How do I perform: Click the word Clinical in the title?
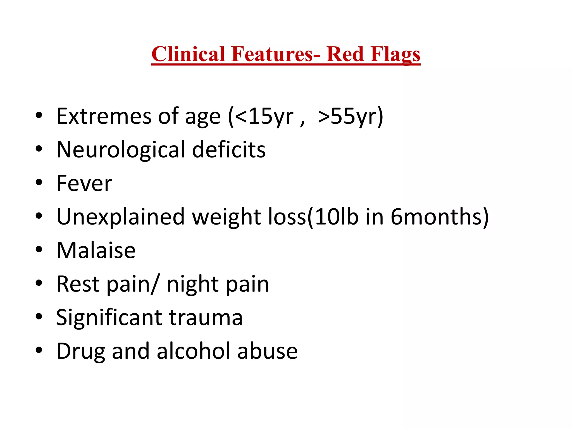pyautogui.click(x=188, y=54)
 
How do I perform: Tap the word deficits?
pyautogui.click(x=229, y=150)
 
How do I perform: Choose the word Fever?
pyautogui.click(x=84, y=183)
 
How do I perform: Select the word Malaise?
pyautogui.click(x=96, y=251)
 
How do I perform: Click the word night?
pyautogui.click(x=193, y=284)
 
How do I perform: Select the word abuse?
pyautogui.click(x=267, y=351)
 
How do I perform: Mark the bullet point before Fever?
pyautogui.click(x=39, y=183)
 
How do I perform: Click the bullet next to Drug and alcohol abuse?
pyautogui.click(x=39, y=350)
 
